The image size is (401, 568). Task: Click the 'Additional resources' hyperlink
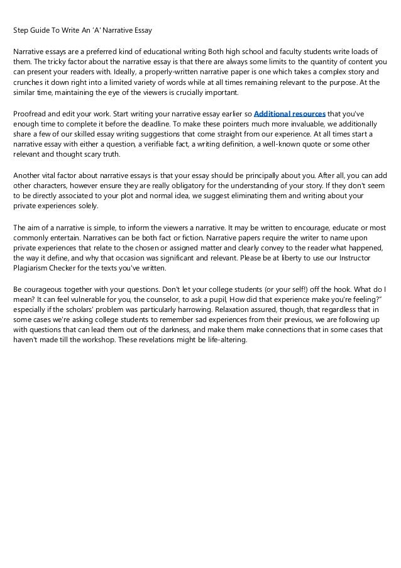point(289,114)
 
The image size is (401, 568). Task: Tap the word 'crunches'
point(29,82)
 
